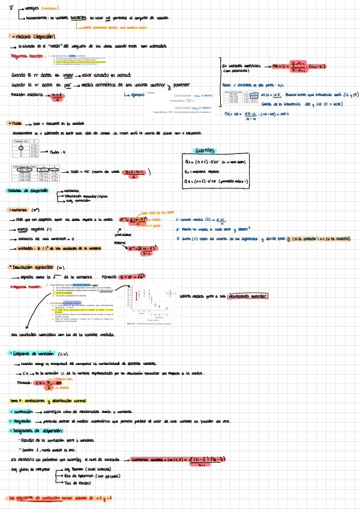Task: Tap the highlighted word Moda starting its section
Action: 16,123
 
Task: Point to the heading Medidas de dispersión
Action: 27,174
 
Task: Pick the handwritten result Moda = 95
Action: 80,170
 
